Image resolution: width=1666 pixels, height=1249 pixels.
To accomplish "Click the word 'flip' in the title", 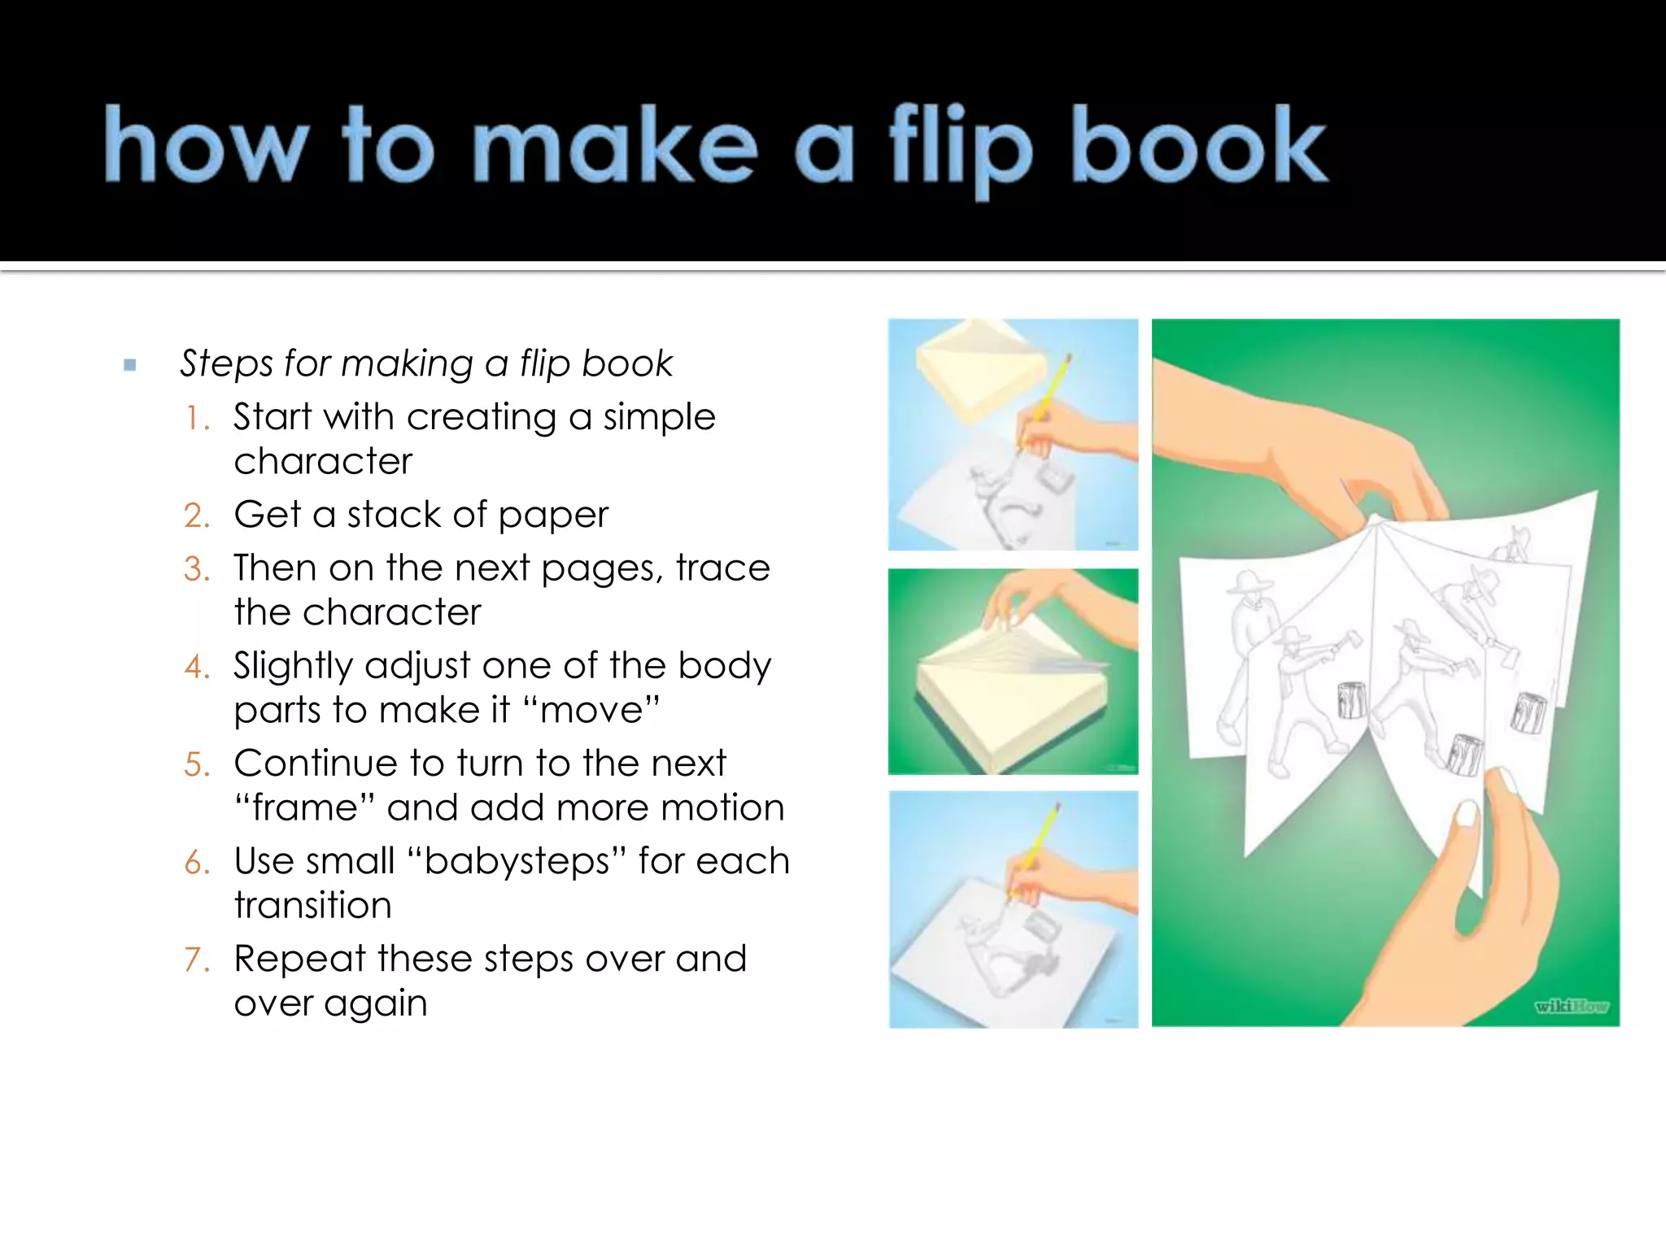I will click(x=960, y=150).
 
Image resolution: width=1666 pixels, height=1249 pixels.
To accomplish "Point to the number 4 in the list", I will click(x=197, y=668).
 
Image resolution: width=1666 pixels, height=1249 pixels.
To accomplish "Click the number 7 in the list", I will click(x=197, y=960).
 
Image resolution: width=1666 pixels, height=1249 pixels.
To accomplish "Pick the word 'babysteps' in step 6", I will click(x=517, y=862).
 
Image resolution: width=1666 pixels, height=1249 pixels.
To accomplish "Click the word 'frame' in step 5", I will click(x=304, y=808).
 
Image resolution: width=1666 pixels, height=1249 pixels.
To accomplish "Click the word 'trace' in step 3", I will click(x=722, y=568).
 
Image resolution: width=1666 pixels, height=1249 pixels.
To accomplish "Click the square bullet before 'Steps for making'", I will click(x=130, y=365).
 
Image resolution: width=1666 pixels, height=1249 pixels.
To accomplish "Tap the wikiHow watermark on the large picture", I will click(x=1571, y=1007).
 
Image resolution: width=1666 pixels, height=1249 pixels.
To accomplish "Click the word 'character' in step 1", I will click(x=323, y=462).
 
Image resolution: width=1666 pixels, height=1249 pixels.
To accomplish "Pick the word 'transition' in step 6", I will click(x=312, y=906).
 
